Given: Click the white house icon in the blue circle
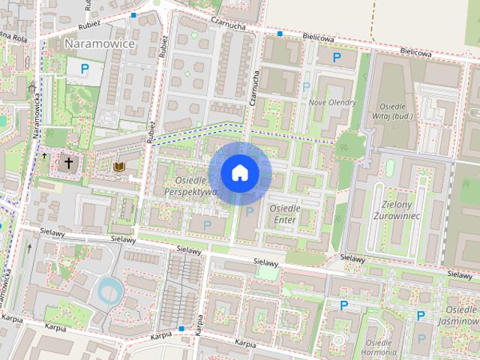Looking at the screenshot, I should (x=239, y=173).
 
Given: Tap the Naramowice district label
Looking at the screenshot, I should (x=100, y=43).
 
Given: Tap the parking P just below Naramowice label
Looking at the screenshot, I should (x=85, y=70).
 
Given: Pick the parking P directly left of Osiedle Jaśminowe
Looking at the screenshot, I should (x=421, y=316).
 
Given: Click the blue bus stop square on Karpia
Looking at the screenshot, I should (x=181, y=328).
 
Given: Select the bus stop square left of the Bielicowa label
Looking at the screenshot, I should (x=279, y=34).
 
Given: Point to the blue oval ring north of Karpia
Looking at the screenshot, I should (x=109, y=289).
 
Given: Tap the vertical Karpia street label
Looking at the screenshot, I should (x=199, y=325).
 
